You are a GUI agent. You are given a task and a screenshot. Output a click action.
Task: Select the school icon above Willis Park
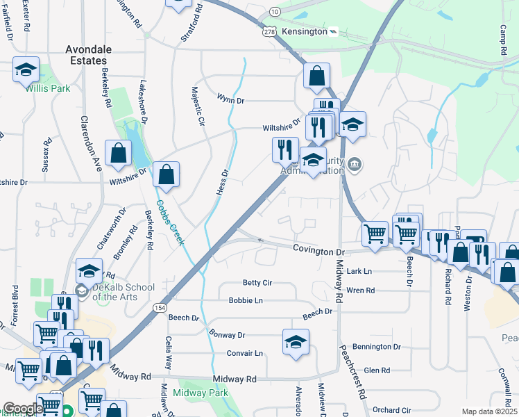[26, 70]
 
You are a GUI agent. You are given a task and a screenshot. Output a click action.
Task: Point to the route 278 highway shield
[271, 32]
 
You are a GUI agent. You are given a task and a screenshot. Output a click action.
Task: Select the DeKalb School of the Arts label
[120, 292]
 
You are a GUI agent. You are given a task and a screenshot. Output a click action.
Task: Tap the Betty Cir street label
[257, 283]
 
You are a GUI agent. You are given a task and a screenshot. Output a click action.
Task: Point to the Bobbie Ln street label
[246, 300]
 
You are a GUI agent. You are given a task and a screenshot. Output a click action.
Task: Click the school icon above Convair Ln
[296, 343]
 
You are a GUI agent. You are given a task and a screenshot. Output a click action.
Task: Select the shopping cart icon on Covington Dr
[375, 234]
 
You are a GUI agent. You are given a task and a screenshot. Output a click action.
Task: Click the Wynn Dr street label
[230, 100]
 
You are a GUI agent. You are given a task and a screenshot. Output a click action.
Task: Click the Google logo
[23, 409]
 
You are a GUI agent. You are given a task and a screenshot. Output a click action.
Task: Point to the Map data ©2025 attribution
[489, 411]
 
